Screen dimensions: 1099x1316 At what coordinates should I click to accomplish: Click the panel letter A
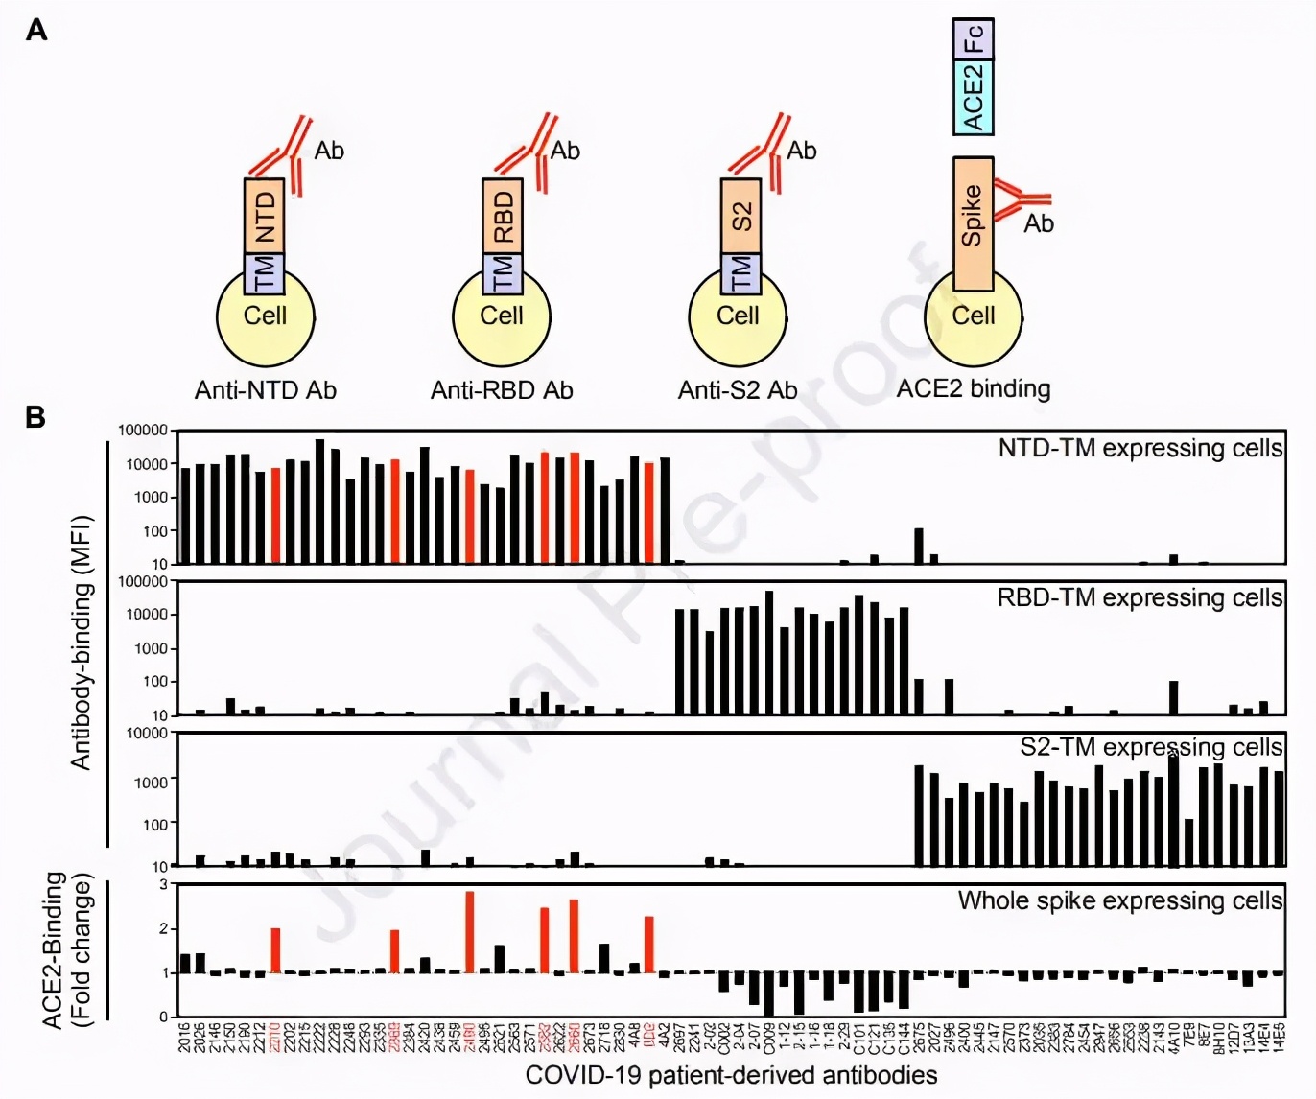36,31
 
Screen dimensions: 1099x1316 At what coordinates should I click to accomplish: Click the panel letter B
35,417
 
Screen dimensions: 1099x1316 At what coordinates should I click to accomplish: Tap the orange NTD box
265,216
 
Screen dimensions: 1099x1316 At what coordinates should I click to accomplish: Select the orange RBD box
502,216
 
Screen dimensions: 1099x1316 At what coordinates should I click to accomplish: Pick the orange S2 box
740,216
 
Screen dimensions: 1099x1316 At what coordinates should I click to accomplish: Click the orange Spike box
973,223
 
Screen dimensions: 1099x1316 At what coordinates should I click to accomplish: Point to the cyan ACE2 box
973,97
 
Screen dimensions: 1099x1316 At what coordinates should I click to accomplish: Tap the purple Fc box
973,38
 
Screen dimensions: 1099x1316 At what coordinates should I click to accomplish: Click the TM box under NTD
265,274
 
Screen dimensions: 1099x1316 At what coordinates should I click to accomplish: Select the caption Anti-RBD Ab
502,390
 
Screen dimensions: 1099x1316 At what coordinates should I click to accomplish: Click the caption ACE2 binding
974,388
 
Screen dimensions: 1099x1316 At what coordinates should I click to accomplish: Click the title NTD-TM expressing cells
1140,448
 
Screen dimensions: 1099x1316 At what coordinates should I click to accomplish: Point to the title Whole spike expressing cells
1119,900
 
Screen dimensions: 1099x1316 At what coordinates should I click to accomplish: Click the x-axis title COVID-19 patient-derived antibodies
731,1075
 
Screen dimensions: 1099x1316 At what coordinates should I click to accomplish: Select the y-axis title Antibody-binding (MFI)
82,643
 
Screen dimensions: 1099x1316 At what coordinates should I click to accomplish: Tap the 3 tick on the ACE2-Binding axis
164,884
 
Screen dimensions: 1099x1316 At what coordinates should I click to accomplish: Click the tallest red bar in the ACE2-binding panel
470,932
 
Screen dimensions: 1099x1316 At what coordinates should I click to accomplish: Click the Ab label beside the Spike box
1039,224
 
